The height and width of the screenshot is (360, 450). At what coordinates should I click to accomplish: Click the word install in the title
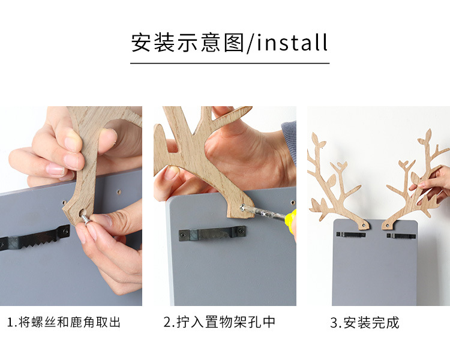[292, 43]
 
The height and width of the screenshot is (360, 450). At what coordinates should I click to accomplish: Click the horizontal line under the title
[230, 63]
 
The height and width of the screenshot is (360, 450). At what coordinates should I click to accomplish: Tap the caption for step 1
[64, 322]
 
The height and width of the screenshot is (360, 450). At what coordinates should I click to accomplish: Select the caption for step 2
[220, 322]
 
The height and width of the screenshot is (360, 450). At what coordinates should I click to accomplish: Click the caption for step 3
[365, 323]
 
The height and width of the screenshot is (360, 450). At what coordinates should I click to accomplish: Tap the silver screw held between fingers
[86, 219]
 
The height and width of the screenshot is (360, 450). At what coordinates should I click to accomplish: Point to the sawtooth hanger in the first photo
[34, 238]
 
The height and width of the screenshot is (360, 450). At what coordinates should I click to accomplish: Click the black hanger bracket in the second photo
[212, 233]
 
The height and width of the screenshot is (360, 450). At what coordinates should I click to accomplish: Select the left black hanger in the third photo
[351, 235]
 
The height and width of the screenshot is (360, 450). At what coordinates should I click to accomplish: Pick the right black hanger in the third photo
[401, 236]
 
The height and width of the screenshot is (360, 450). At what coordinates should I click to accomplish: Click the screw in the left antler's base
[364, 226]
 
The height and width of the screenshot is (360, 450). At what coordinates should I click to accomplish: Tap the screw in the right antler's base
[386, 227]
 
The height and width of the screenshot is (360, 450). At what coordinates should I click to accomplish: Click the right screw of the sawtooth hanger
[66, 230]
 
